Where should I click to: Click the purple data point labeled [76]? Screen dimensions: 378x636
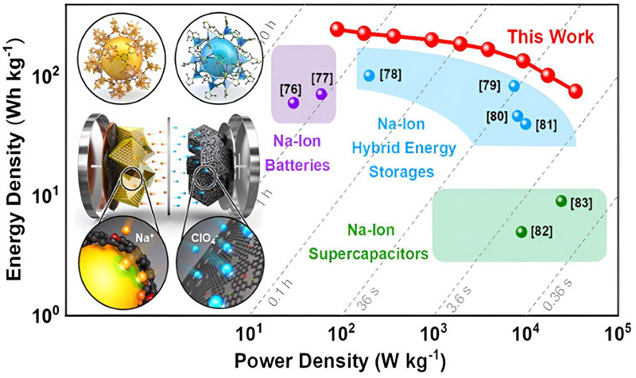293,102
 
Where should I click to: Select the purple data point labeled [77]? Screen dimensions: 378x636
321,94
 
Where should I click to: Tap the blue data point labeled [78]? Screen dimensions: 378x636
368,75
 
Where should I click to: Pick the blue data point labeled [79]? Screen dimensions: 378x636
514,86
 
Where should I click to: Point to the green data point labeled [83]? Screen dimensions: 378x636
560,201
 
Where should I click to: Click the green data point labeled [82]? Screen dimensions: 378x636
522,232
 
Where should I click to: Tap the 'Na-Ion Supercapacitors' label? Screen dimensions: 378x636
376,242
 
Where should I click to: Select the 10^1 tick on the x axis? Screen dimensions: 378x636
251,331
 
